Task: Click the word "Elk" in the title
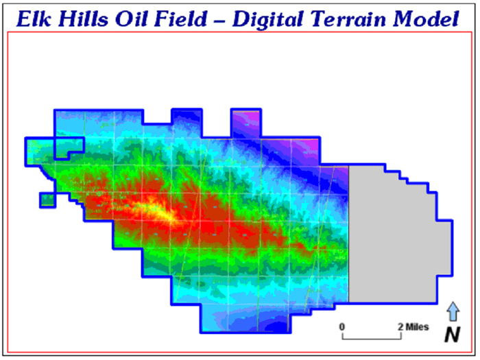(34, 19)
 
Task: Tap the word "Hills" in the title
(83, 19)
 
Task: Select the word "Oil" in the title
(132, 19)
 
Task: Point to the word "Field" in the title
(181, 19)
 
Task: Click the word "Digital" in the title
(269, 20)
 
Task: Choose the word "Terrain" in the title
(348, 19)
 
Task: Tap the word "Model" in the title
(426, 19)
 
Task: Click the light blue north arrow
(453, 311)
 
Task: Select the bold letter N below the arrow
(453, 335)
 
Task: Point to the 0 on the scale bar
(342, 327)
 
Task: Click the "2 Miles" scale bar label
(413, 327)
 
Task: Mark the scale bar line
(372, 339)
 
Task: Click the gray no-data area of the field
(392, 236)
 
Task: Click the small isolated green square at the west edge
(47, 200)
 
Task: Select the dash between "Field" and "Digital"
(220, 21)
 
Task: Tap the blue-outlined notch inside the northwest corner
(69, 149)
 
